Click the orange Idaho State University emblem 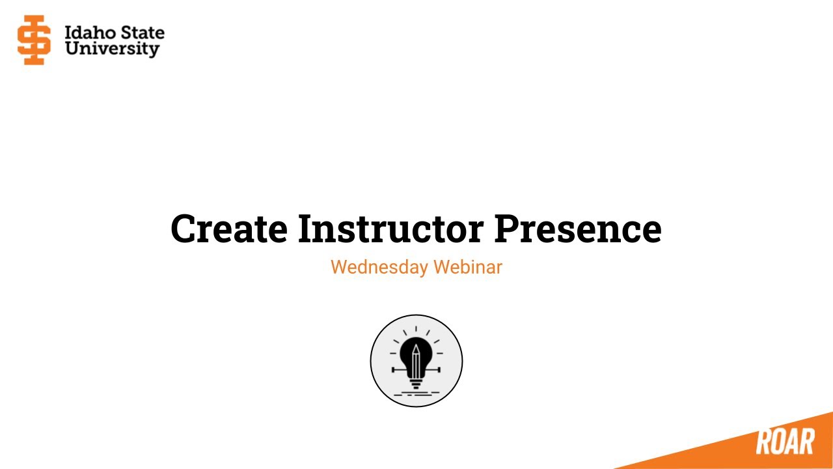pyautogui.click(x=34, y=40)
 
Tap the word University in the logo pyautogui.click(x=112, y=50)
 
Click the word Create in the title pyautogui.click(x=229, y=229)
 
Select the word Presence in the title pyautogui.click(x=577, y=229)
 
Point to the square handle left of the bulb pyautogui.click(x=393, y=369)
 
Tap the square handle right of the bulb pyautogui.click(x=439, y=369)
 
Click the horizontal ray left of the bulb pyautogui.click(x=393, y=353)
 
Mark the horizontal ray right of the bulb pyautogui.click(x=439, y=353)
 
